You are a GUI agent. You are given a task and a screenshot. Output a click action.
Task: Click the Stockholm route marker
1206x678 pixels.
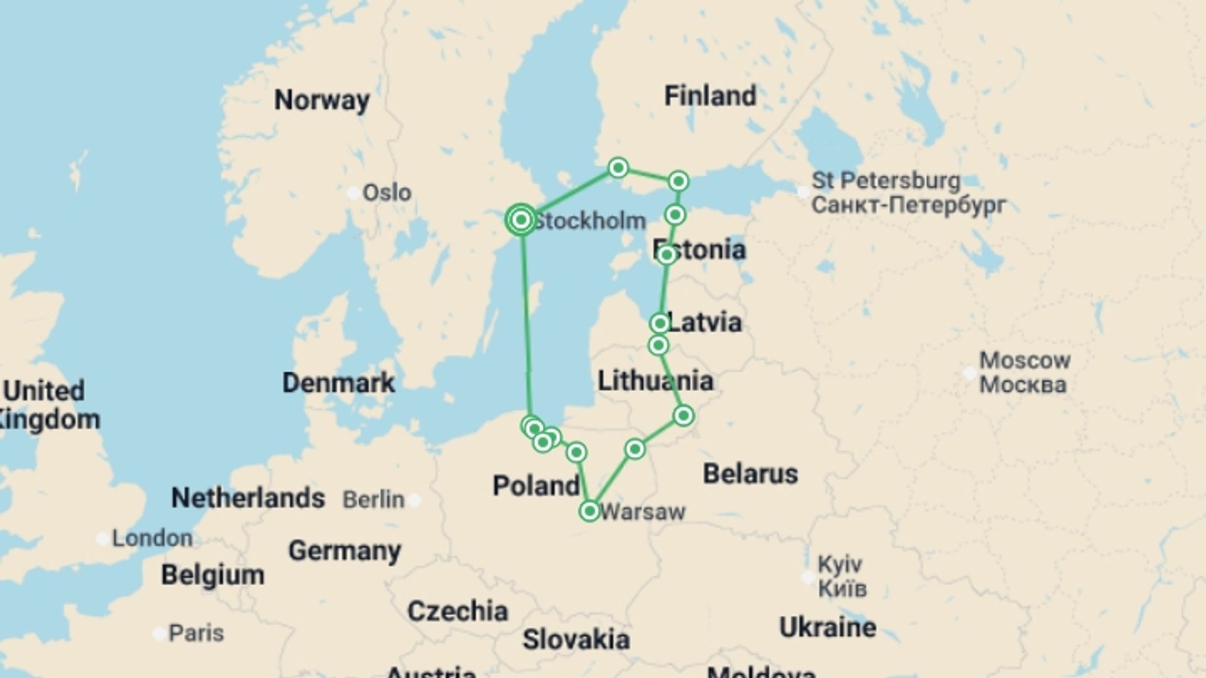(521, 220)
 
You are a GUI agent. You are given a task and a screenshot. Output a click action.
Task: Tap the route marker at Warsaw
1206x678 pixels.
(590, 511)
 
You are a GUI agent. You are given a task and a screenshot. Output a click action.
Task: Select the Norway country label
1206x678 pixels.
(322, 100)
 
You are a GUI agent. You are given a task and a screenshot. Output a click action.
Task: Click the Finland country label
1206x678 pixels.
(710, 96)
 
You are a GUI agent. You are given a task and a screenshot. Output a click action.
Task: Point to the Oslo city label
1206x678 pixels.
(386, 193)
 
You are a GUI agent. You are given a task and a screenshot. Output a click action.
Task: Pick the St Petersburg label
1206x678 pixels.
(886, 181)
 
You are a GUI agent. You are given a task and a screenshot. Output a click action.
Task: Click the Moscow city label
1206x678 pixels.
(1024, 360)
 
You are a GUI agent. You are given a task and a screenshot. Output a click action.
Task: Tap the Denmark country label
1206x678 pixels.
(338, 382)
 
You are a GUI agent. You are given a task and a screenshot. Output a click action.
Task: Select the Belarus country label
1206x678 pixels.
(750, 473)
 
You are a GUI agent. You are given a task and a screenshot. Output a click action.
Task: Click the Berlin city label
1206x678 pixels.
(374, 500)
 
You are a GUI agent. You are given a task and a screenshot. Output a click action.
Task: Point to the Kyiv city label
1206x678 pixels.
(840, 564)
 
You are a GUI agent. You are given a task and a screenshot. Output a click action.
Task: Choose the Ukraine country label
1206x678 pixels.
(827, 627)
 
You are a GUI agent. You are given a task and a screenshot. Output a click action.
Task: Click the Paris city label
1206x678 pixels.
(195, 633)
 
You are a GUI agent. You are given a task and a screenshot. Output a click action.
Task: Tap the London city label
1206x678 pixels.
(152, 538)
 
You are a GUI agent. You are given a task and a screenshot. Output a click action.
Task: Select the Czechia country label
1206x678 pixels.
(457, 611)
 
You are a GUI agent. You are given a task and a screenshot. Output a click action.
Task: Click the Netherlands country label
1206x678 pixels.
(248, 498)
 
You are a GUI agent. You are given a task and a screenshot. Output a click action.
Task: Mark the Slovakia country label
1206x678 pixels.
(575, 639)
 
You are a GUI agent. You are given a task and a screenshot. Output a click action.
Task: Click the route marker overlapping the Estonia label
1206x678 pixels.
(666, 254)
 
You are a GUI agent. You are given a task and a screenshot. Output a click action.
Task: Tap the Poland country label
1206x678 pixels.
(536, 485)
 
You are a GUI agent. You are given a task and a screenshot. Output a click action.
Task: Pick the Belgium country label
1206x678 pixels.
(212, 575)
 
